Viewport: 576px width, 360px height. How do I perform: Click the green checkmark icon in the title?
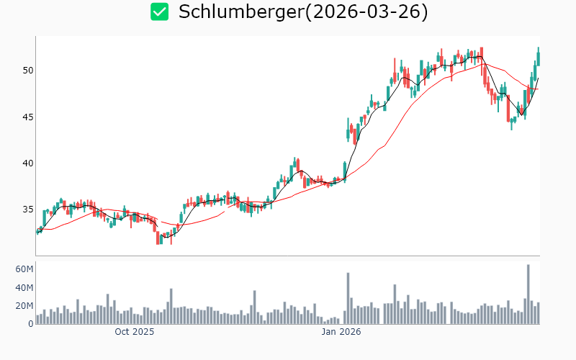(159, 12)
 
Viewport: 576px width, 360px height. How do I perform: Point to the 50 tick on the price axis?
(27, 71)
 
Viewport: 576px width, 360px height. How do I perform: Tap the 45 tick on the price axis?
(27, 117)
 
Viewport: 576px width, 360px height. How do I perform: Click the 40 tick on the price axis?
(27, 163)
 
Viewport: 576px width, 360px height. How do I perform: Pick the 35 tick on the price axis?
(27, 210)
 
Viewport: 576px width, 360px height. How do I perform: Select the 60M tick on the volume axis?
(24, 269)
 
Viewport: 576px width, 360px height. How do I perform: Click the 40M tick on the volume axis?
(24, 288)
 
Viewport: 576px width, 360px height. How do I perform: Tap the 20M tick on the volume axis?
(24, 306)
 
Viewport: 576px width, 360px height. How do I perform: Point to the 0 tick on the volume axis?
(31, 324)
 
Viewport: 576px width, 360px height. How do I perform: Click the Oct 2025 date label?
(135, 333)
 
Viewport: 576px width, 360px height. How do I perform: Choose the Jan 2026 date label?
(341, 333)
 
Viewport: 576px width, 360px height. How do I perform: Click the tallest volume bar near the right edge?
(528, 294)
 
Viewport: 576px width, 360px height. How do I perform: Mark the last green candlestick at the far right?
(538, 56)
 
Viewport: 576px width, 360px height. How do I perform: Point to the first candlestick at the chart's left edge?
(37, 231)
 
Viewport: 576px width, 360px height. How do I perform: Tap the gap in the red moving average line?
(226, 210)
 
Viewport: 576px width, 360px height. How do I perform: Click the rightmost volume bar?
(538, 313)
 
